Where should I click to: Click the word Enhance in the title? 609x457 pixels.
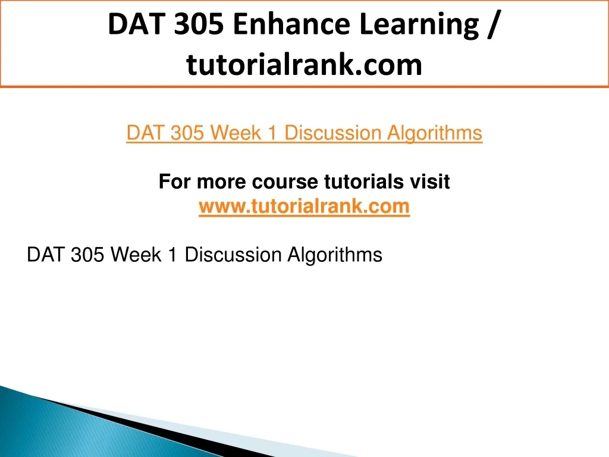coord(291,24)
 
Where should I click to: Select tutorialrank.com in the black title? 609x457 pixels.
coord(304,64)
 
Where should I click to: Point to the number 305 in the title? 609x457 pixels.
coord(199,24)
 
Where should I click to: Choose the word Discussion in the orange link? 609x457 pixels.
coord(333,133)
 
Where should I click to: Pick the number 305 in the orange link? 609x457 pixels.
coord(187,133)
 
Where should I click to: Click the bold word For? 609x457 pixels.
coord(175,181)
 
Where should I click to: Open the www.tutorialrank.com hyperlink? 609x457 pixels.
coord(304,206)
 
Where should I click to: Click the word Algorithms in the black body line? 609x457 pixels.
coord(335,256)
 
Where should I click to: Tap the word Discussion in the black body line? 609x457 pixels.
coord(233,255)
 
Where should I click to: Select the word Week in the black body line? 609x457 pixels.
coord(136,255)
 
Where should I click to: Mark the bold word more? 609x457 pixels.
coord(221,182)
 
